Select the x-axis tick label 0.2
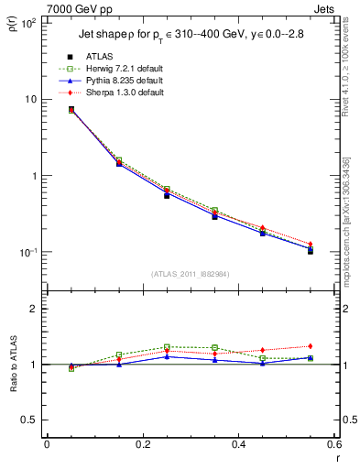coord(142,444)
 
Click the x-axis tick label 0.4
coord(238,444)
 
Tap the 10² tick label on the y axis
coord(27,22)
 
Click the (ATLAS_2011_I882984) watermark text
coord(190,273)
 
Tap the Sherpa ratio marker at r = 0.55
coord(311,346)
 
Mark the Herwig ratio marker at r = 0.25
coord(167,347)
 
